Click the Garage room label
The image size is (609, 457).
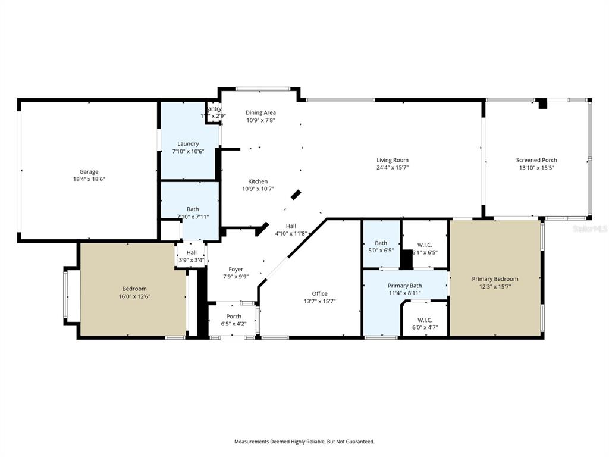point(89,172)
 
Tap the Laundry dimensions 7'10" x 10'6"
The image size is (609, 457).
point(188,151)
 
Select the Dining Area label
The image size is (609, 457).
point(260,112)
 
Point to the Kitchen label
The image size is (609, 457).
point(258,181)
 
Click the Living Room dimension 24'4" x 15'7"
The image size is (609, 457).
point(393,167)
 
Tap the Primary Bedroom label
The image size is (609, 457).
point(495,278)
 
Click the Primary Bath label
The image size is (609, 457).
point(404,286)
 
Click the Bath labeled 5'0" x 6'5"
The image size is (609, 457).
point(381,243)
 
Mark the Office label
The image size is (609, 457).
point(319,293)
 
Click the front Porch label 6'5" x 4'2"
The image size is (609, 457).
point(234,316)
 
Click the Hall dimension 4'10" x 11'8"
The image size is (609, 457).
point(291,233)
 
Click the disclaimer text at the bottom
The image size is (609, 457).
point(304,442)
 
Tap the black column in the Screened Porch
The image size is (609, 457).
point(542,104)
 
